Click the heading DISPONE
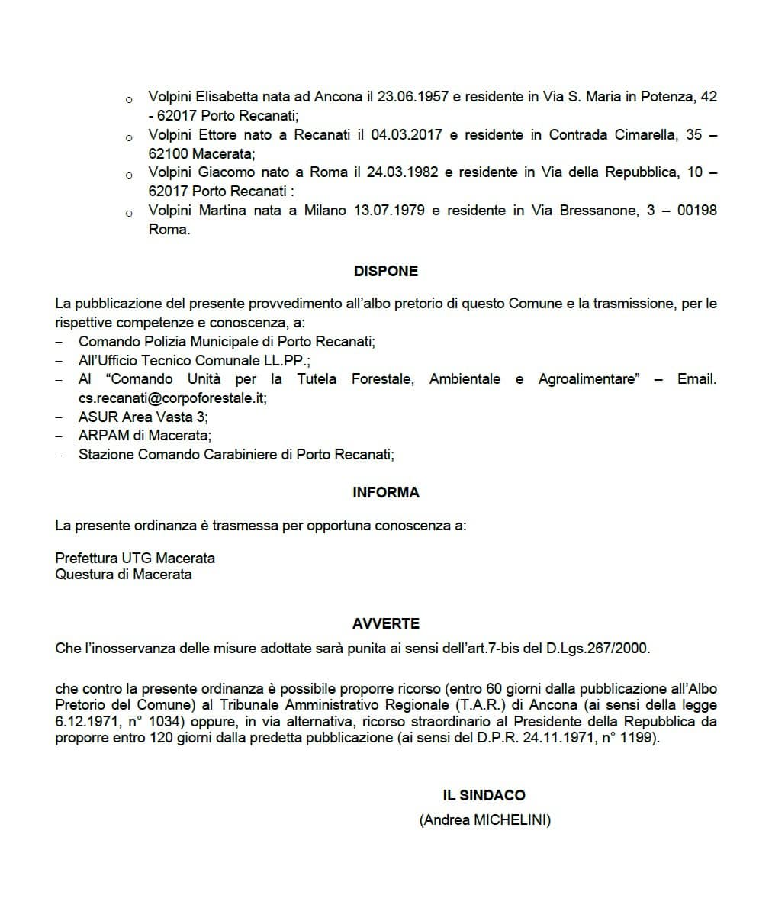385,271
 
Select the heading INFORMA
385,492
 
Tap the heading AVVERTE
385,623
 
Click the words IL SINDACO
484,795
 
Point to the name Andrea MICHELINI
484,820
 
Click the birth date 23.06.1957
411,97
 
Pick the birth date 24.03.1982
403,172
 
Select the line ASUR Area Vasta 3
143,417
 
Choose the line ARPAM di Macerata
144,436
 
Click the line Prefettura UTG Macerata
135,558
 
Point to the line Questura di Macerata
124,574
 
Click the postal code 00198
696,210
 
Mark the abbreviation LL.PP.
285,360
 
